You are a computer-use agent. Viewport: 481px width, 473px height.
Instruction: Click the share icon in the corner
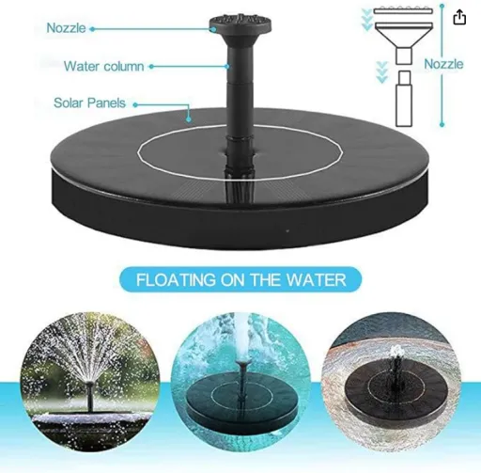[459, 17]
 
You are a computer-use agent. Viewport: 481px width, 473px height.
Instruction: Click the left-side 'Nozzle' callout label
[66, 28]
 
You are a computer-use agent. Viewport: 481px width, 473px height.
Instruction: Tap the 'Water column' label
[104, 67]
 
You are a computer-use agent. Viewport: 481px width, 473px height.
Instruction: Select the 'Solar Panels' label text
[89, 102]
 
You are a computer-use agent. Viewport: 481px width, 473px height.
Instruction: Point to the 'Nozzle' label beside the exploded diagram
[443, 64]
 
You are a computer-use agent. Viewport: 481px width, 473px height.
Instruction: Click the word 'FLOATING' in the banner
[177, 280]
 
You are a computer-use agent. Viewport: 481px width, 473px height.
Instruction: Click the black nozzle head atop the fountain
[240, 24]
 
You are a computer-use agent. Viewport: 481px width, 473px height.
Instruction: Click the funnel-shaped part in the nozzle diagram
[404, 43]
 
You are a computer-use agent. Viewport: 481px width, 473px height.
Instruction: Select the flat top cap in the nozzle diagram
[403, 10]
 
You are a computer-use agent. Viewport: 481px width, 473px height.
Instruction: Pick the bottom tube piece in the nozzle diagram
[404, 99]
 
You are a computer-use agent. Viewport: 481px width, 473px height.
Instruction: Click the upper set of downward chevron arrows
[366, 20]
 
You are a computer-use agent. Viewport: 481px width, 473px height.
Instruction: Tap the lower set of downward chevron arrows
[381, 72]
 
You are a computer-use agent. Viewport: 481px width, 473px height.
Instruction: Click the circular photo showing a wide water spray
[90, 382]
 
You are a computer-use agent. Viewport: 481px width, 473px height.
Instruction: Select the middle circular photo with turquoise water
[240, 382]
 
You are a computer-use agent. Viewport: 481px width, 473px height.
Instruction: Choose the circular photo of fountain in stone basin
[391, 382]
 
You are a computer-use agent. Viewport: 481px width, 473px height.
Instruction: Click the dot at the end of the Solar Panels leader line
[189, 119]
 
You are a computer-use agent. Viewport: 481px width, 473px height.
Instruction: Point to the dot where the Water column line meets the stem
[228, 67]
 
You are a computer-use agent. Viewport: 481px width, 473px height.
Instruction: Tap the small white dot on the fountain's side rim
[287, 231]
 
